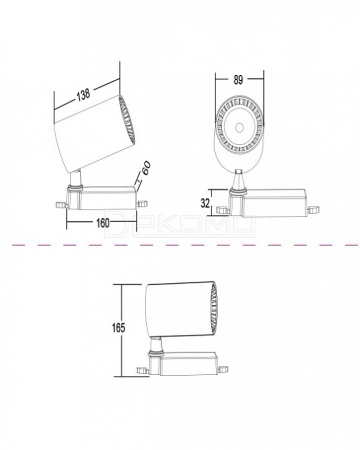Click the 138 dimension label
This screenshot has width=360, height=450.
[84, 94]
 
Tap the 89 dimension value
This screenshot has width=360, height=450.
[238, 80]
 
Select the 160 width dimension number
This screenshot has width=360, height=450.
[103, 223]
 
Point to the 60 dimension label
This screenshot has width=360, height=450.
[146, 168]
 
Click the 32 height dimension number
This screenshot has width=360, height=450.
[205, 203]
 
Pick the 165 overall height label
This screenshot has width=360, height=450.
[118, 328]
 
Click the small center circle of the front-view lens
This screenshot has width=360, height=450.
[239, 127]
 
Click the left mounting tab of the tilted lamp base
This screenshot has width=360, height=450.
[61, 204]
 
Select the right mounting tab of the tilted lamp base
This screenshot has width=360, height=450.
[142, 203]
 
